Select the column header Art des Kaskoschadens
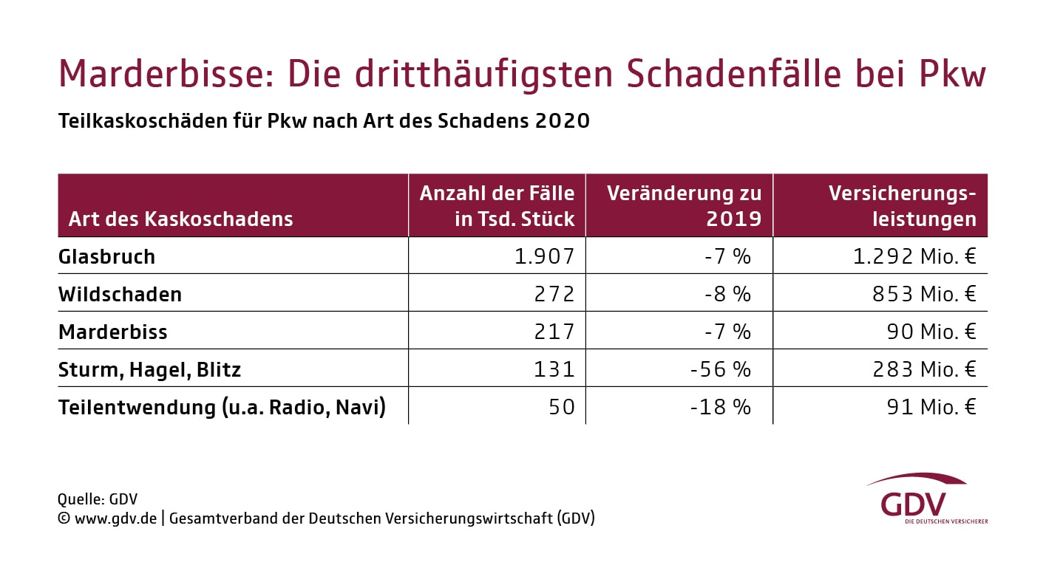(x=180, y=219)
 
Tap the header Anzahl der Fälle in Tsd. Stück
(x=497, y=206)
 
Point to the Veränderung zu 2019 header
(x=684, y=206)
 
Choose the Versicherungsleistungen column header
(x=902, y=206)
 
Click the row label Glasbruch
(x=106, y=256)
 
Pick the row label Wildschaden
(x=120, y=294)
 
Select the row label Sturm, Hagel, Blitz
(x=149, y=369)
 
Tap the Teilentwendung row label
(x=222, y=407)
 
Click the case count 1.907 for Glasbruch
(x=544, y=256)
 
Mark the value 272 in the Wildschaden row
(x=554, y=294)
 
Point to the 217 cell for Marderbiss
(x=554, y=332)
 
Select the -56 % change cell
(x=720, y=369)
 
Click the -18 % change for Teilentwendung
(x=720, y=407)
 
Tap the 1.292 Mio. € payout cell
(x=914, y=256)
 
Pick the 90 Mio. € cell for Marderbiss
(x=931, y=332)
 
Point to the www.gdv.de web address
(x=115, y=518)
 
